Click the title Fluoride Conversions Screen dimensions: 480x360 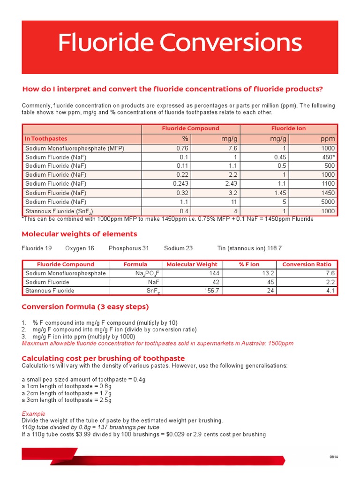coord(180,44)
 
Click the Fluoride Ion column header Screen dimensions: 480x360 coord(288,128)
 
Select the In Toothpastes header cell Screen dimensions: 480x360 coord(45,139)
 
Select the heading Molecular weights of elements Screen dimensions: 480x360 coord(80,234)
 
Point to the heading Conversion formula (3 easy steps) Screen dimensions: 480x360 coord(85,307)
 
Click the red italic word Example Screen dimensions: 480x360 coord(34,414)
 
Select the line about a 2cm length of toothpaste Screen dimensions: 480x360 coord(67,393)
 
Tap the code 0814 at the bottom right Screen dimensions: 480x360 coord(334,457)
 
